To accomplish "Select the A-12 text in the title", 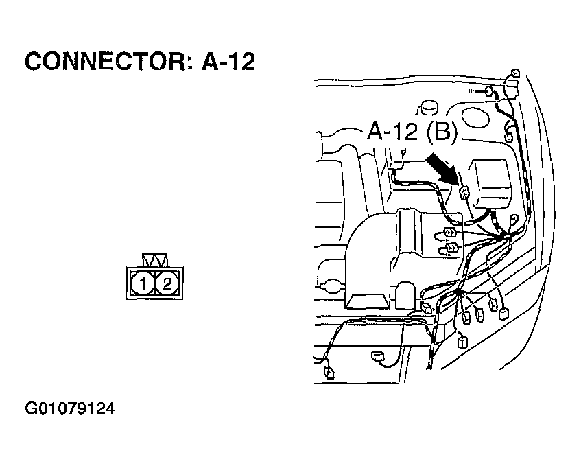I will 228,62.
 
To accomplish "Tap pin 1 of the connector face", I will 142,283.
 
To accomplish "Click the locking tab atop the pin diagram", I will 154,260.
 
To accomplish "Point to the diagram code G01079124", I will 70,410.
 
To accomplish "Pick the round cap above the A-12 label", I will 430,106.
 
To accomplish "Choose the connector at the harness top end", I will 516,74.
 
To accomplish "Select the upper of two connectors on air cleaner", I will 451,231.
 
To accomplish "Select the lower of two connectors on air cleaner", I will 453,247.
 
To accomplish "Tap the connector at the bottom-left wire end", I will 328,373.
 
